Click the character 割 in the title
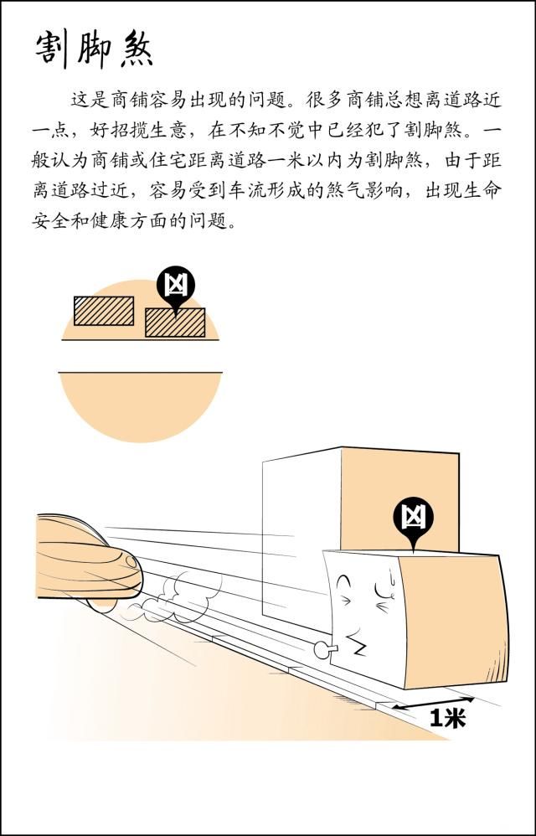(x=53, y=49)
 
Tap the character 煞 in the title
(x=135, y=49)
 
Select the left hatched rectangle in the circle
(x=103, y=311)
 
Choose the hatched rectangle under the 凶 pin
(x=174, y=323)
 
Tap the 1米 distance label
(x=446, y=718)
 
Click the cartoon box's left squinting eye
(x=345, y=583)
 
